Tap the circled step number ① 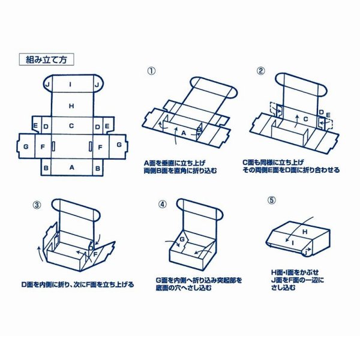(x=151, y=70)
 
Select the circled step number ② (x=260, y=70)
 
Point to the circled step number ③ (x=37, y=204)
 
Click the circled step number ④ (x=162, y=204)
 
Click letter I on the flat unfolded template (x=71, y=85)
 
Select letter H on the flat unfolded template (x=71, y=106)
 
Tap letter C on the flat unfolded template (x=71, y=126)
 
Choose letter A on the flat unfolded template (x=71, y=168)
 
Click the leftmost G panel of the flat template (x=25, y=145)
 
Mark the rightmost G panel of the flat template (x=118, y=145)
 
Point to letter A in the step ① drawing (x=184, y=131)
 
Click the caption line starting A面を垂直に (x=173, y=163)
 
